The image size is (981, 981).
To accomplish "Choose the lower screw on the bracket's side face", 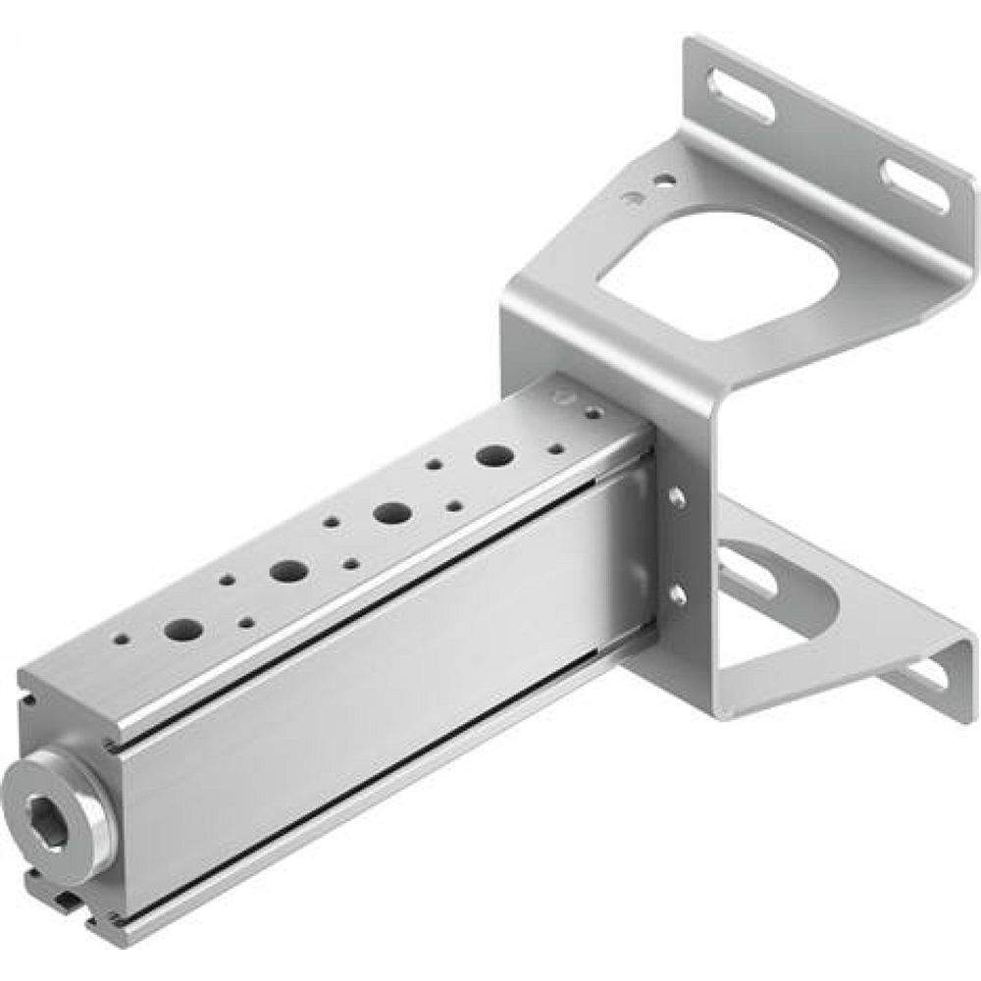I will coord(677,594).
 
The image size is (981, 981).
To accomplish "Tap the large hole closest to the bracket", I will coord(495,455).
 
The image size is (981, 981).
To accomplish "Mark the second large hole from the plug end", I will coord(288,570).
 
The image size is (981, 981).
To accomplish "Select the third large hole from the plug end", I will coord(392,512).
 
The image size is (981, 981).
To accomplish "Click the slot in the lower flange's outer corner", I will coord(929,676).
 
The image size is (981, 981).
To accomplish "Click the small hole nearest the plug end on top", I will coord(121,639).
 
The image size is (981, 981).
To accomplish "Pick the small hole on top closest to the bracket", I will coord(592,414).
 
